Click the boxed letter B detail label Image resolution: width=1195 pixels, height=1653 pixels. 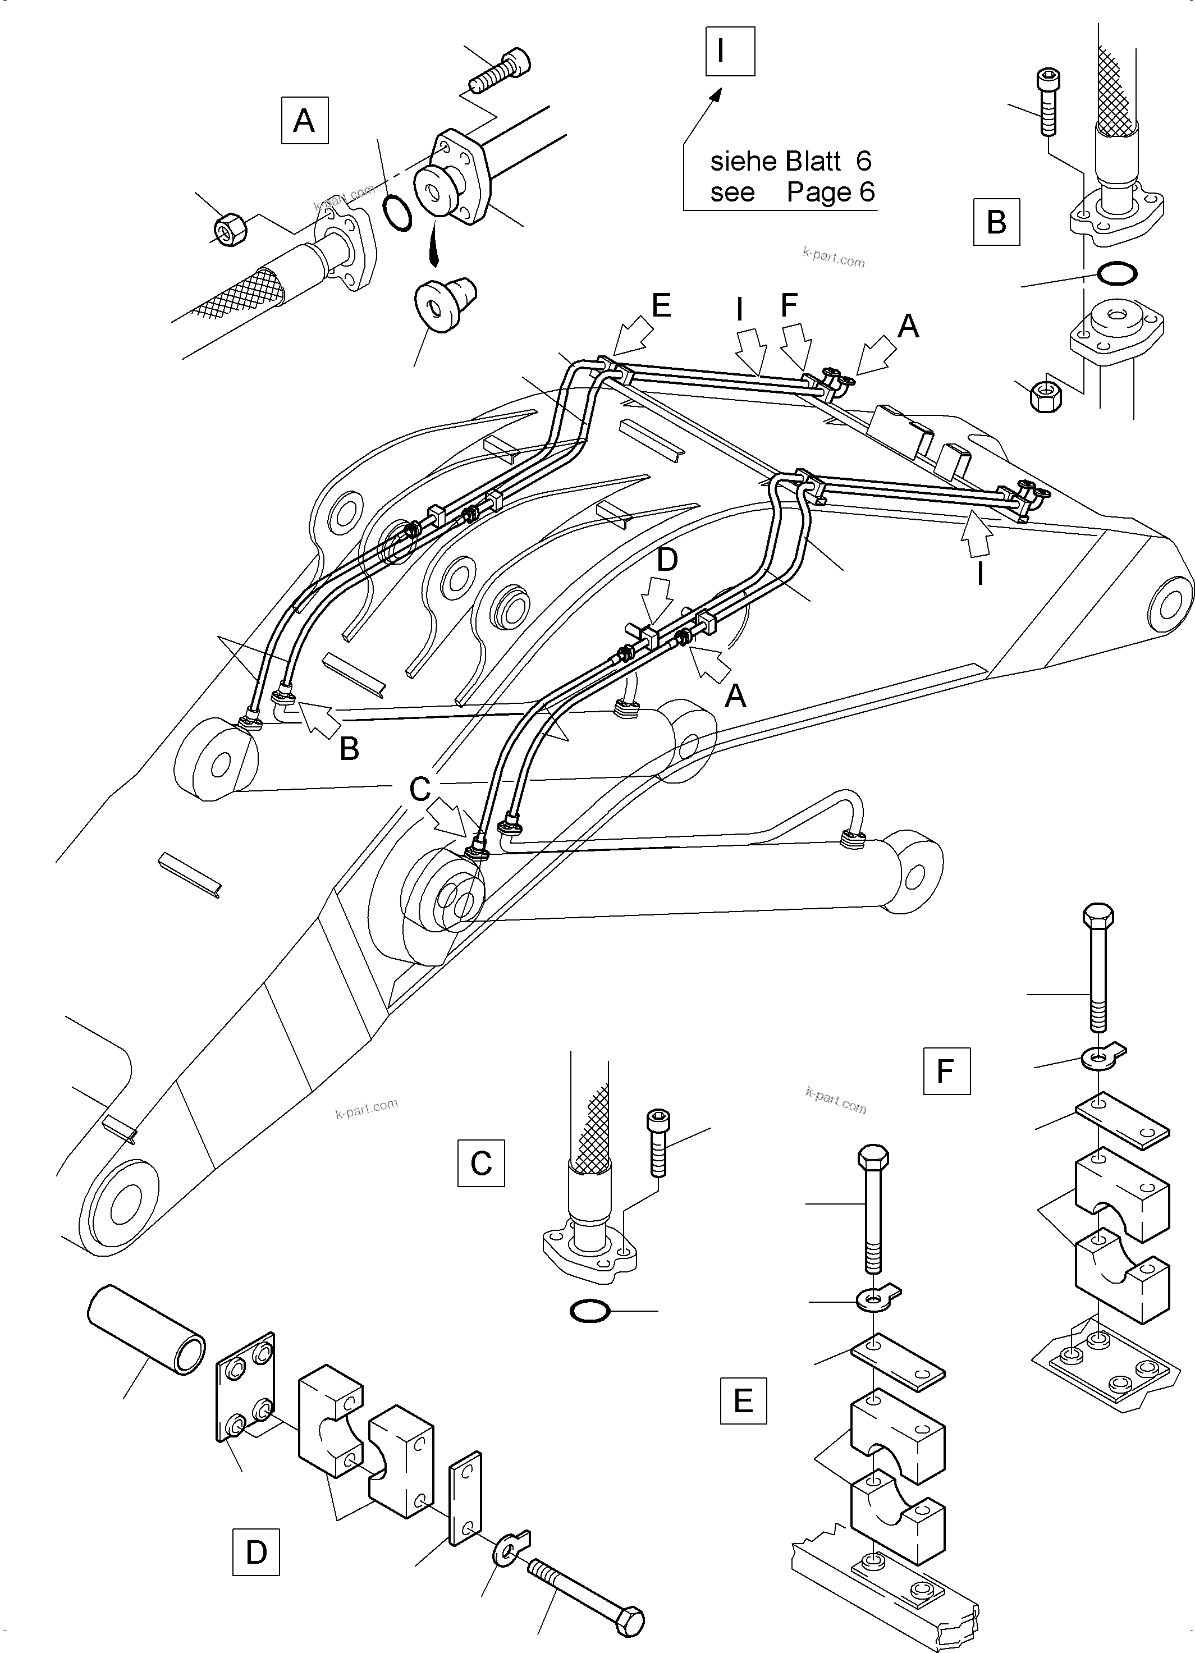[996, 222]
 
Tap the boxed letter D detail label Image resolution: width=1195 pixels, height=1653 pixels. [256, 1553]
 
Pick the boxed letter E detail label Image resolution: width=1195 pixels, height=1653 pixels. [743, 1401]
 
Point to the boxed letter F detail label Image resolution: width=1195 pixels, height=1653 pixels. [946, 1072]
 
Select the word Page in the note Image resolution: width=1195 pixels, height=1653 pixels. [818, 193]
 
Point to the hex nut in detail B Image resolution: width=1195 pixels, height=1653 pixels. [1046, 396]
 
